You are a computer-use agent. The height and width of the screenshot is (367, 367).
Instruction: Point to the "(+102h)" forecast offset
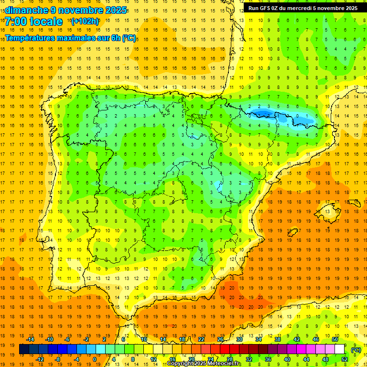click(85, 22)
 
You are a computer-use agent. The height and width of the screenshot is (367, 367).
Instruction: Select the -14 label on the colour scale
click(30, 339)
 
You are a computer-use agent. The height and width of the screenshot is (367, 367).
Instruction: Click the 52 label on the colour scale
click(344, 359)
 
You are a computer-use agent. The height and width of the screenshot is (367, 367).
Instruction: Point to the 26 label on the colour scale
click(220, 339)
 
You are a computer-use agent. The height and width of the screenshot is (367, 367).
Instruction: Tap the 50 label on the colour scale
click(335, 339)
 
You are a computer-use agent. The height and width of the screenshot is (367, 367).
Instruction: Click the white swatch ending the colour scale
click(339, 349)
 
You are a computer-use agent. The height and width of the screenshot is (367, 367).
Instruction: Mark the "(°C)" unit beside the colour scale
click(356, 350)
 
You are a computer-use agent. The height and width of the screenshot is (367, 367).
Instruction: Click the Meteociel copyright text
click(204, 364)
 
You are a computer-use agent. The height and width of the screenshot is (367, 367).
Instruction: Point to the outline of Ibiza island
click(292, 233)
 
